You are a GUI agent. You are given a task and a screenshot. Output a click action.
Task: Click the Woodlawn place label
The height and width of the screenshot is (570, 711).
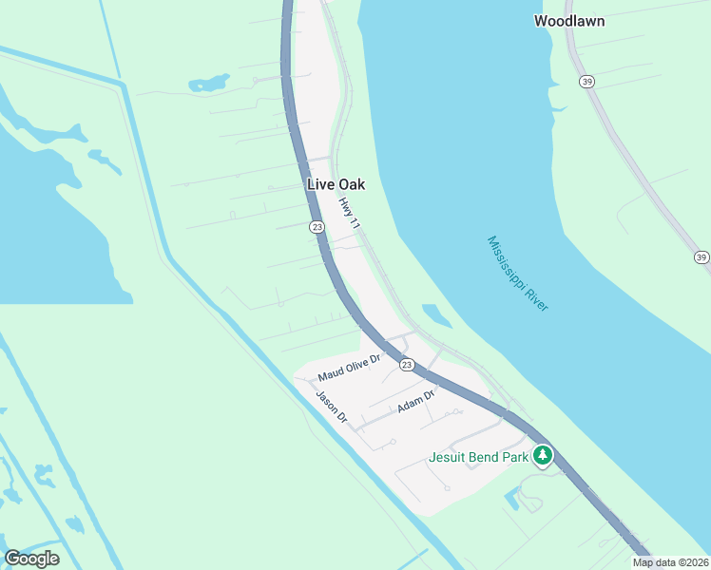(568, 20)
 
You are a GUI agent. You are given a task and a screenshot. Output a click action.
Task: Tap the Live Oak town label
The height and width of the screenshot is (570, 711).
(336, 184)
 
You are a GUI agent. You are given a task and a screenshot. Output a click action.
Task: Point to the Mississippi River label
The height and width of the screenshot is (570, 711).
(519, 273)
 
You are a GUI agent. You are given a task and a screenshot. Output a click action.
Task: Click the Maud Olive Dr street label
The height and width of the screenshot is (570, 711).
(349, 366)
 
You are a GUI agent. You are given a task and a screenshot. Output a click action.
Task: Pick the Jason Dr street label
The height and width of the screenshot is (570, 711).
(333, 407)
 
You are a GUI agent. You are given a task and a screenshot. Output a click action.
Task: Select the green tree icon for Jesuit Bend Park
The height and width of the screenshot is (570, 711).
(542, 456)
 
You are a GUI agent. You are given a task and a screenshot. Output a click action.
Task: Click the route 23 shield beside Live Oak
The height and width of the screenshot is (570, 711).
(317, 226)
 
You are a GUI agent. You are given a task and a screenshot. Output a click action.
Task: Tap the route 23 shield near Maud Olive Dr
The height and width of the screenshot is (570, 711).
(407, 365)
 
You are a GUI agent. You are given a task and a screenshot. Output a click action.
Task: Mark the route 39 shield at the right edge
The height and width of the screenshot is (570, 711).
(701, 256)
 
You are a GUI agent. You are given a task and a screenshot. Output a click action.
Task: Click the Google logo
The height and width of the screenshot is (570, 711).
(31, 559)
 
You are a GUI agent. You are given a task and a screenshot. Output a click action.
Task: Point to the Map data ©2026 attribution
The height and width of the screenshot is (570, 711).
(670, 562)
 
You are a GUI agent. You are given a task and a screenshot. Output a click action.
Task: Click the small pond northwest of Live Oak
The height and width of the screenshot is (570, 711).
(209, 83)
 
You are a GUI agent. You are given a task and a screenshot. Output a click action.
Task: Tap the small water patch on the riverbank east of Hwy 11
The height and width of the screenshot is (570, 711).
(436, 314)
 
